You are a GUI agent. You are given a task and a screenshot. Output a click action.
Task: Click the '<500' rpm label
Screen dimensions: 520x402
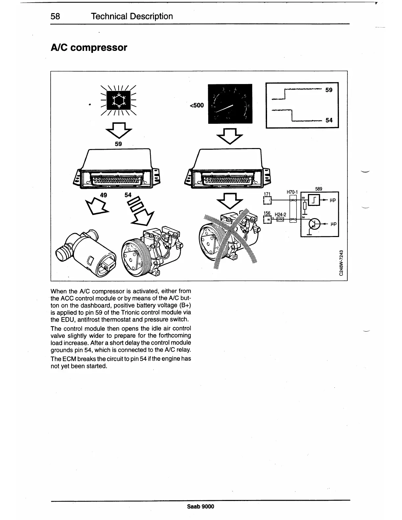click(x=196, y=105)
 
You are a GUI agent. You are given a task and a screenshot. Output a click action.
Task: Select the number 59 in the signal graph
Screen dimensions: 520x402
click(x=329, y=90)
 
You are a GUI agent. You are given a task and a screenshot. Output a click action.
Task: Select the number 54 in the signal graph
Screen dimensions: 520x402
click(x=329, y=120)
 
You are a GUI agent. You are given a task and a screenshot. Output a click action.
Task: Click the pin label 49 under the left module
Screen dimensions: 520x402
click(x=103, y=195)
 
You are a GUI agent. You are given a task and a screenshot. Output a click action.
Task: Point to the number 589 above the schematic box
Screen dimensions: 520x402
click(x=319, y=189)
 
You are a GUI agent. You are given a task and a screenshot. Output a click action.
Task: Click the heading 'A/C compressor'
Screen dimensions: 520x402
click(x=89, y=48)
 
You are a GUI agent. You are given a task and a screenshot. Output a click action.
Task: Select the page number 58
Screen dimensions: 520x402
click(x=56, y=16)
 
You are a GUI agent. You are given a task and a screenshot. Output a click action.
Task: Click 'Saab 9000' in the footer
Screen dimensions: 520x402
click(x=200, y=507)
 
